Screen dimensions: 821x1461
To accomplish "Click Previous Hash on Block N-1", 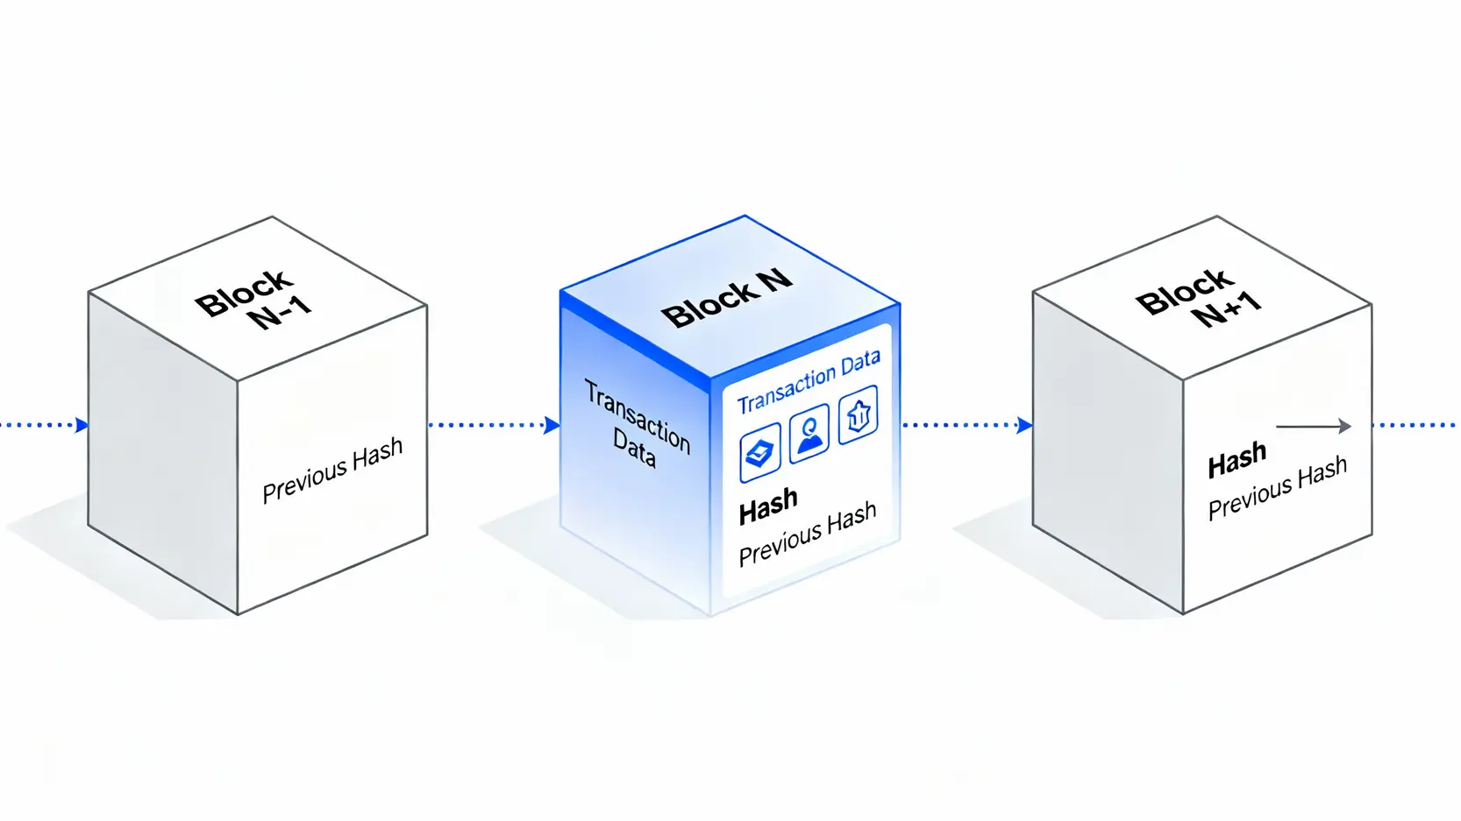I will (x=332, y=470).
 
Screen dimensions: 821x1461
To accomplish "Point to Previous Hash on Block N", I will (x=808, y=534).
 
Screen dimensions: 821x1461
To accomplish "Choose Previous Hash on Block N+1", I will (x=1277, y=488).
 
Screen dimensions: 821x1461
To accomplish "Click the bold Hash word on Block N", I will (x=768, y=506).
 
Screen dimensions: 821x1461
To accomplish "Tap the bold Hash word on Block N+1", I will (x=1237, y=460).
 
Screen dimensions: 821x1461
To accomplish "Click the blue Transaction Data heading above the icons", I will (x=809, y=382).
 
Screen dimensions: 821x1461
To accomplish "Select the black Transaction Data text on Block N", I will (x=637, y=423).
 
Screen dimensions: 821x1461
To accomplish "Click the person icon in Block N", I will (x=809, y=433).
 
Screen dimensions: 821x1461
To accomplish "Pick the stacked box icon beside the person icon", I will (x=759, y=452).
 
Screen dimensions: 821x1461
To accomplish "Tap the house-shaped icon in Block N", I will (x=858, y=414).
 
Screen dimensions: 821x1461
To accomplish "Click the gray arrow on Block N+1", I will (x=1313, y=427).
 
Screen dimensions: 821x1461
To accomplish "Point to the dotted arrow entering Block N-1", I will (x=44, y=426).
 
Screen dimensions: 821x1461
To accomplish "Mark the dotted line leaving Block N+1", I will (x=1415, y=426).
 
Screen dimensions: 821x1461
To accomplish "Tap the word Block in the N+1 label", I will (x=1185, y=291).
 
